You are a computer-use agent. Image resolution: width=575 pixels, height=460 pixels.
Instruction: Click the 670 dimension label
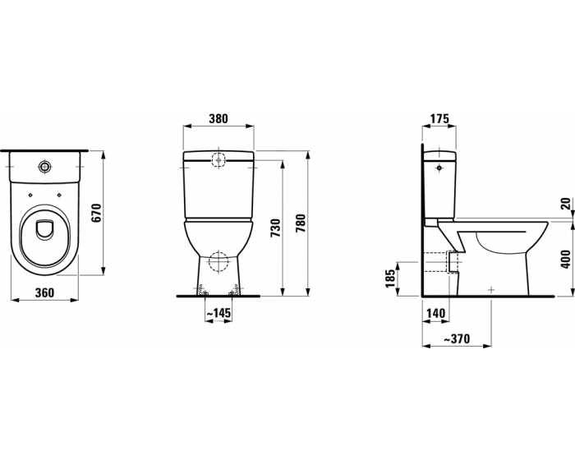pyautogui.click(x=96, y=213)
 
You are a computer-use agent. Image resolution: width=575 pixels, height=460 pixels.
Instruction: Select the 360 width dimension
pyautogui.click(x=44, y=292)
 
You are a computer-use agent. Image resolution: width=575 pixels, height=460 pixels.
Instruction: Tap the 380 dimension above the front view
pyautogui.click(x=218, y=119)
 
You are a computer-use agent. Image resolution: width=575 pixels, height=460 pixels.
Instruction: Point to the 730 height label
pyautogui.click(x=275, y=228)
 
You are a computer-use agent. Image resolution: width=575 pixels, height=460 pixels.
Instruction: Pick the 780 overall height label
pyautogui.click(x=300, y=223)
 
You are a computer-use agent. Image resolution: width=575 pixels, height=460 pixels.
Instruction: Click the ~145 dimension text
pyautogui.click(x=218, y=313)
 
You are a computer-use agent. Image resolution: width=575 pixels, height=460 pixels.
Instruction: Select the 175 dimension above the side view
pyautogui.click(x=439, y=119)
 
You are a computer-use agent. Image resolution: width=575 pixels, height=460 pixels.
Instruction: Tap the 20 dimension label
pyautogui.click(x=566, y=204)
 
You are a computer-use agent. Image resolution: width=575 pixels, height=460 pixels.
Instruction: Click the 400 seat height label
pyautogui.click(x=566, y=259)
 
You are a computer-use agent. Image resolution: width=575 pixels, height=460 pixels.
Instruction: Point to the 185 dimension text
pyautogui.click(x=391, y=278)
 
